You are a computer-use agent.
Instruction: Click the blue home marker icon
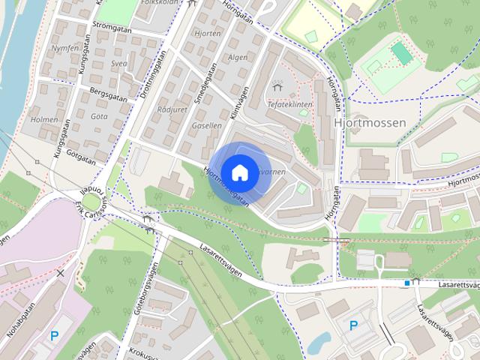coord(239,172)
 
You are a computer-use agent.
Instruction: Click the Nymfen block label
coord(65,47)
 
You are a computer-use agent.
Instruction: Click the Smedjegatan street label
coord(199,88)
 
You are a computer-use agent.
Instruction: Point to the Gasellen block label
coord(206,125)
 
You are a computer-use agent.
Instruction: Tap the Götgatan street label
coord(80,155)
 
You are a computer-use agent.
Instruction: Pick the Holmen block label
coord(46,119)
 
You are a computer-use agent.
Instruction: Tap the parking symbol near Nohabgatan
coord(54,336)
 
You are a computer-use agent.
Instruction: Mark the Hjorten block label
coord(206,34)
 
